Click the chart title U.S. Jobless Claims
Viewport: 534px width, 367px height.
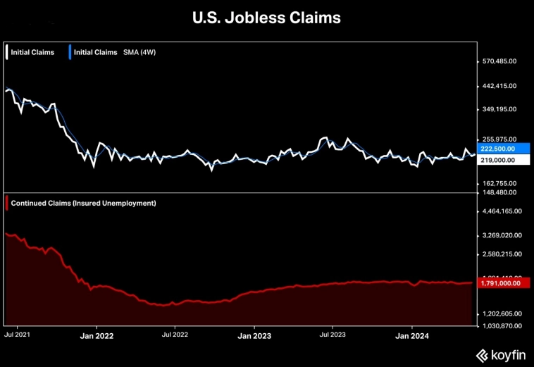266,18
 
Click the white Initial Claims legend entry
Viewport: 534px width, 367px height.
32,52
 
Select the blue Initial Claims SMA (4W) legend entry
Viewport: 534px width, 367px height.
106,52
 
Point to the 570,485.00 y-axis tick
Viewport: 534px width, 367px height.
499,61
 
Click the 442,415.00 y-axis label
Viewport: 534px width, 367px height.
499,86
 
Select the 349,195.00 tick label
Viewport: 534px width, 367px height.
499,109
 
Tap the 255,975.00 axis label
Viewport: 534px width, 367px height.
499,139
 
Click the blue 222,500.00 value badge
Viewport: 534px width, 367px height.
498,149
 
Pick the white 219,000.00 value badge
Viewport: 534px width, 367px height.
498,160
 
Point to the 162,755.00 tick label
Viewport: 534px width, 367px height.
499,182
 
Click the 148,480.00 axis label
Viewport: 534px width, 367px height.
499,192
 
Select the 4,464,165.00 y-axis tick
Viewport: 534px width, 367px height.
502,211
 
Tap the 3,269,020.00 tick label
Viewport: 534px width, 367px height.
502,235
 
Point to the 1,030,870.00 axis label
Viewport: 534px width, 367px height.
502,325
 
